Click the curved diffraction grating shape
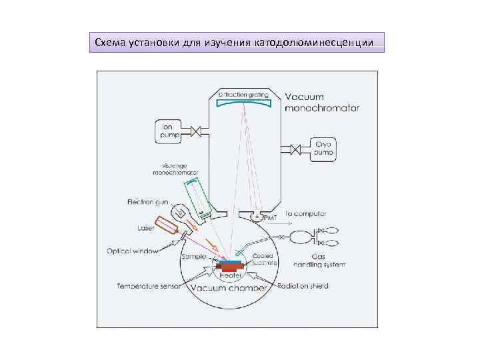pos(245,101)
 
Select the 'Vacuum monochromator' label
pos(322,101)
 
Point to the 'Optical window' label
pos(132,251)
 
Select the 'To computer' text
pos(305,214)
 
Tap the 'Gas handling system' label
pos(319,261)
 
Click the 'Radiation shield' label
pos(302,287)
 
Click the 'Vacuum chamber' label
pos(228,288)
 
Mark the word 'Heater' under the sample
pos(231,274)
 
